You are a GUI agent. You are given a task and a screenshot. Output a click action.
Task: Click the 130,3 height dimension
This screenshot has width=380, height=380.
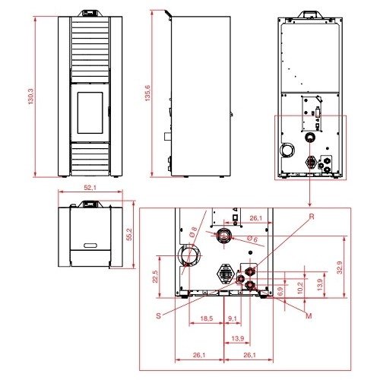[30, 97]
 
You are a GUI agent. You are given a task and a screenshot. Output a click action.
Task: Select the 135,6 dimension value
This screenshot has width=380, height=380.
[147, 93]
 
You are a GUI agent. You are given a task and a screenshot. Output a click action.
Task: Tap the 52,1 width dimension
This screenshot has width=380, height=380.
[90, 188]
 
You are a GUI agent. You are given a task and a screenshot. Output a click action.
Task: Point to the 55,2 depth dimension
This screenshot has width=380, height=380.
[129, 234]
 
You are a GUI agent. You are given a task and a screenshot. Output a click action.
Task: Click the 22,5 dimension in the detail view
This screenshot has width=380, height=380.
[155, 277]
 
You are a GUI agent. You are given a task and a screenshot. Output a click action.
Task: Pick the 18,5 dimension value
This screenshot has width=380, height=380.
[207, 318]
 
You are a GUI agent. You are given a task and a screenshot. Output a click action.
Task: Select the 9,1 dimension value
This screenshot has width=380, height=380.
[233, 318]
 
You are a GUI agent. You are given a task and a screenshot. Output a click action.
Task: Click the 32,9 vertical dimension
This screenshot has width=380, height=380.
[340, 268]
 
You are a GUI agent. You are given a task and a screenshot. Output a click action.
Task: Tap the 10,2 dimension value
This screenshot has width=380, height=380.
[300, 288]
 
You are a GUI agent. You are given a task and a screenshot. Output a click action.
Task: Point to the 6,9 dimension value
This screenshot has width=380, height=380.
[280, 291]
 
